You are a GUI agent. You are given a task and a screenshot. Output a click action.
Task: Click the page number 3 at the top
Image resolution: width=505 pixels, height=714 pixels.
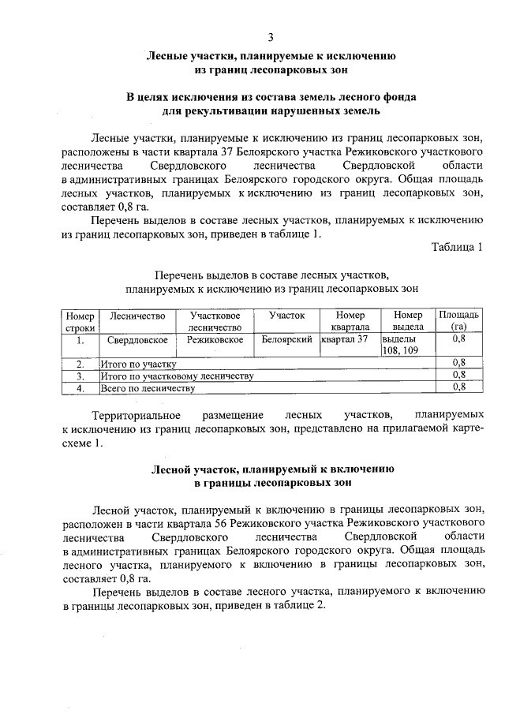pos(271,37)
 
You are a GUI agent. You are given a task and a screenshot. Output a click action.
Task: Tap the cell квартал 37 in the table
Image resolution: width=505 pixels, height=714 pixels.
pos(346,339)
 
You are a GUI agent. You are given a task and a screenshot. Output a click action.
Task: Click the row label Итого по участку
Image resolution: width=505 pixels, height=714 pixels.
pos(138,364)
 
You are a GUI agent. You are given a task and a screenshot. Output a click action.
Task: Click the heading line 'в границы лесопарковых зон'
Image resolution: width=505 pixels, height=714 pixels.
pos(271,480)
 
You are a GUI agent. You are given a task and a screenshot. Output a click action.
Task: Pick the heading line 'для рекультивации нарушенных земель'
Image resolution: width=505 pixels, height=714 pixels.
pos(271,111)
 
